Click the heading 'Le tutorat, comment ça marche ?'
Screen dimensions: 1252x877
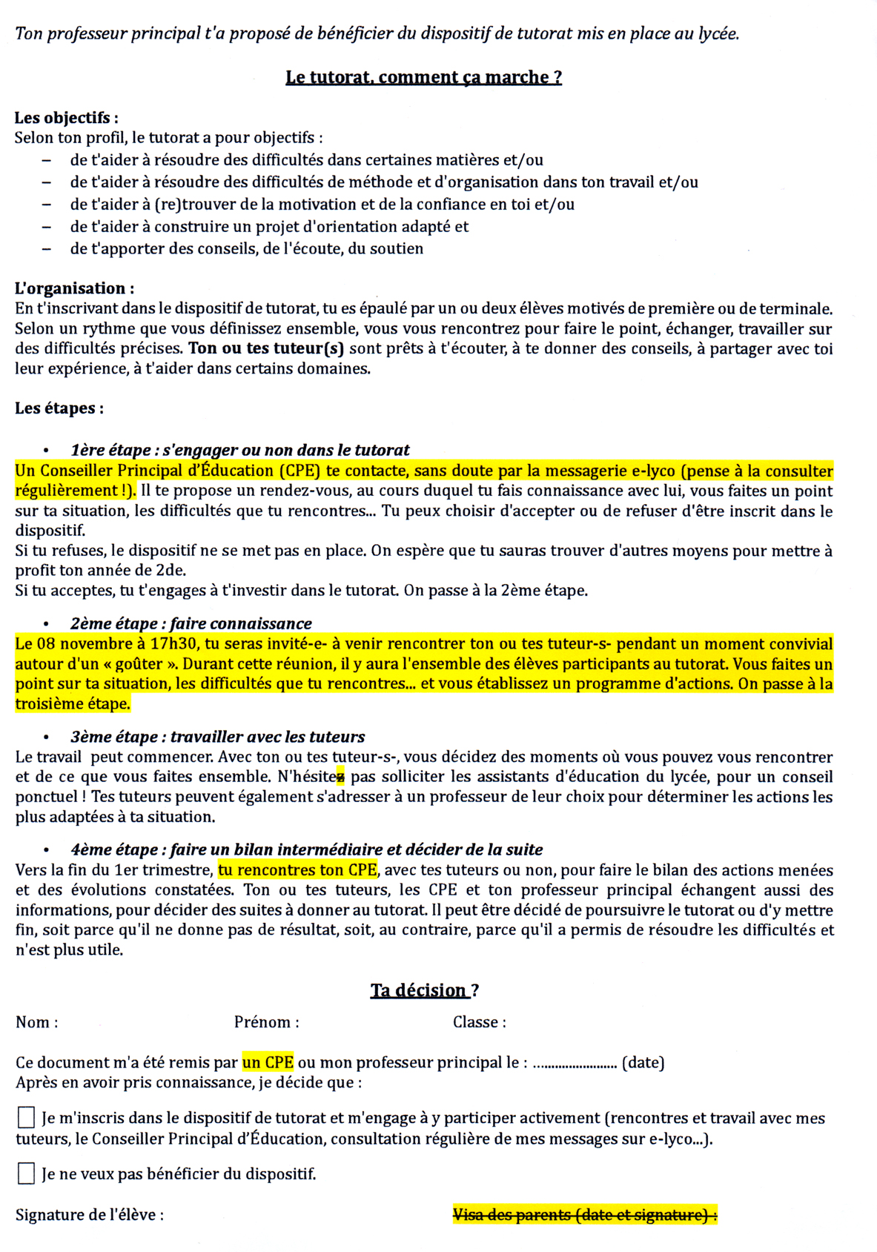point(423,77)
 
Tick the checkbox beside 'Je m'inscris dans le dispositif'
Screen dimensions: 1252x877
point(26,1117)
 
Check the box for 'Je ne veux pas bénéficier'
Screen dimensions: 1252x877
point(26,1173)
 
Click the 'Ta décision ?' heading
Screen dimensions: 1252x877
point(424,990)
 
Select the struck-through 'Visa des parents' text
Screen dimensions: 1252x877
point(584,1214)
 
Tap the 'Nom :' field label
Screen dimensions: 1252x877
point(36,1022)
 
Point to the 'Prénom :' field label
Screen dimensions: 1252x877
point(266,1022)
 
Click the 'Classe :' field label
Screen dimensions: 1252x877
point(479,1022)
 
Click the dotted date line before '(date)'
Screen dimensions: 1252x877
point(575,1064)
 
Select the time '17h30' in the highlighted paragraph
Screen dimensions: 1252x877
point(175,643)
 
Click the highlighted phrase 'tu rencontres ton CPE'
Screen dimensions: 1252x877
point(297,870)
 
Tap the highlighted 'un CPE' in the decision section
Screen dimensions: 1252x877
point(268,1062)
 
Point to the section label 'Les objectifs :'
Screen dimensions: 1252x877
point(66,117)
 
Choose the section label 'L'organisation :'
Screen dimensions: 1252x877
point(74,288)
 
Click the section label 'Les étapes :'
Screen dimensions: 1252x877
point(59,408)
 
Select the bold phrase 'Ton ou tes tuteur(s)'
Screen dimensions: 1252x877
point(266,348)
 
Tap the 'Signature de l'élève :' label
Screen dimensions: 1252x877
point(89,1214)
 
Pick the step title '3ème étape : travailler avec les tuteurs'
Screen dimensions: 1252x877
point(217,737)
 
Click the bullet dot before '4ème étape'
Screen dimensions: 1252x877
point(46,850)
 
